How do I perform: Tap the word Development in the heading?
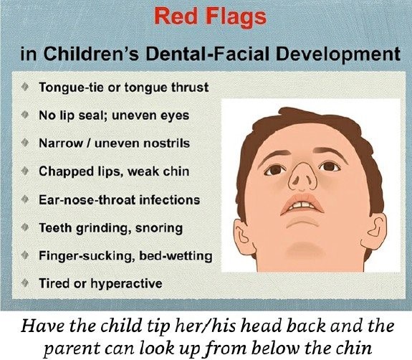338,54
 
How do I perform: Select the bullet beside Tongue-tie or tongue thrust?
25,87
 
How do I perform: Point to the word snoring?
159,228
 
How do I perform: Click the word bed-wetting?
176,255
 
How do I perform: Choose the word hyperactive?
126,283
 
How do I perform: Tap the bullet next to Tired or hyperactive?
25,283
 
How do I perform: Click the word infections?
170,200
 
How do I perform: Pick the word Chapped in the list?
66,171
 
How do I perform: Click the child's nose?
302,176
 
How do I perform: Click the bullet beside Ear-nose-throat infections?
25,199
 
